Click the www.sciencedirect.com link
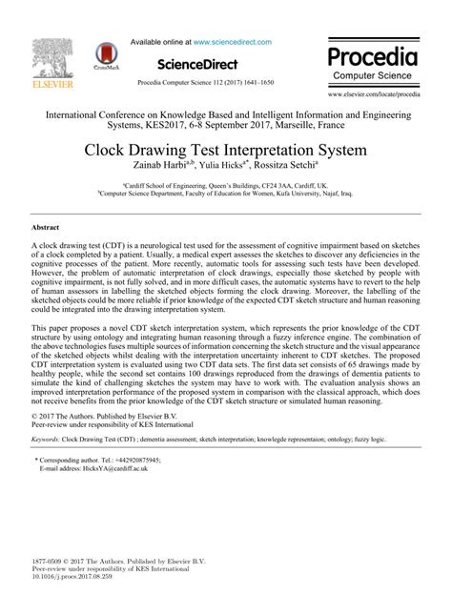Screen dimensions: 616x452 tap(233, 42)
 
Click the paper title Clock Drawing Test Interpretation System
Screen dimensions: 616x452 tap(226, 151)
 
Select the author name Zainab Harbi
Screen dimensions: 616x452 tap(170, 167)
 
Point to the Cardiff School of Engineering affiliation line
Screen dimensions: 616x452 tap(225, 185)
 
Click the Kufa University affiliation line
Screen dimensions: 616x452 tap(225, 193)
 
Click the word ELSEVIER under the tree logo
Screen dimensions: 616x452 tap(46, 94)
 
